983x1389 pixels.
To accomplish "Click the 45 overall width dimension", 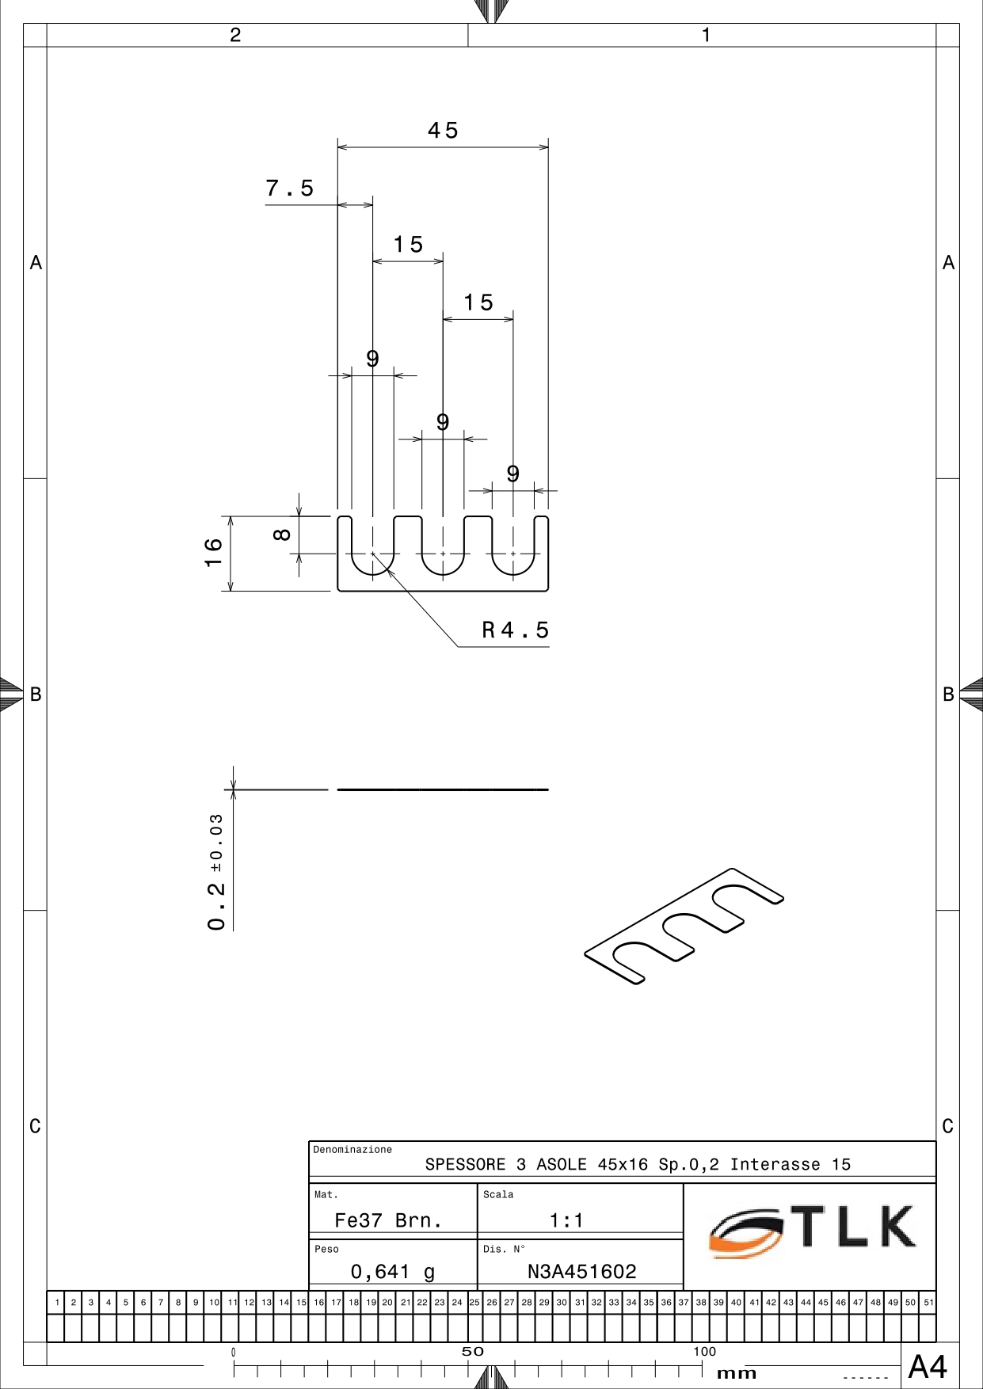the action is (443, 131).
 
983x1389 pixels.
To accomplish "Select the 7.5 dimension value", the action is (290, 188).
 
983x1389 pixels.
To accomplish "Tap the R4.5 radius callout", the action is (516, 630).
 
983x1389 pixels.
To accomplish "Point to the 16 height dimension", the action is (213, 553).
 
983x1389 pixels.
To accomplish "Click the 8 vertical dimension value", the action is (282, 535).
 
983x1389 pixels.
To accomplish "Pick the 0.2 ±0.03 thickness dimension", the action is (216, 872).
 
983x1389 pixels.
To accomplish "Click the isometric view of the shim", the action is (684, 927).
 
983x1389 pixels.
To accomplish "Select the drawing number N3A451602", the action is (582, 1272).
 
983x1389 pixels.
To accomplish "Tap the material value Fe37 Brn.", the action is (388, 1220).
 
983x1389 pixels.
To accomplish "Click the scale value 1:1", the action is (566, 1220).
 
